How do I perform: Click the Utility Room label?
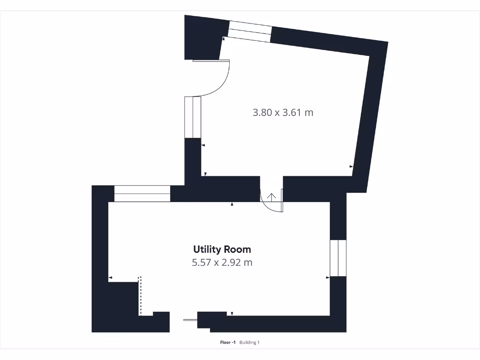[x=222, y=249]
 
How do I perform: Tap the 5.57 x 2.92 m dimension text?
[x=222, y=262]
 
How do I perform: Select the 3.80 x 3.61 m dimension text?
[x=283, y=112]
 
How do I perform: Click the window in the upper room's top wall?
[x=249, y=32]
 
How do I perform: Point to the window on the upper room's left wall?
[x=193, y=117]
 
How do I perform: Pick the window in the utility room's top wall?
[x=142, y=194]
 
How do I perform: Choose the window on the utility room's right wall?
[x=338, y=258]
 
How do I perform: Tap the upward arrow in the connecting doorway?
[x=271, y=196]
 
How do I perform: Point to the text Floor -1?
[x=228, y=343]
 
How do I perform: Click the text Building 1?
[x=249, y=343]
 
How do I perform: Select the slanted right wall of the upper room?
[x=370, y=117]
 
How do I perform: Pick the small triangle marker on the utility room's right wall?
[x=328, y=278]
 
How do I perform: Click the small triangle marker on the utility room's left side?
[x=111, y=278]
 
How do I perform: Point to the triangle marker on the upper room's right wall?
[x=351, y=166]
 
